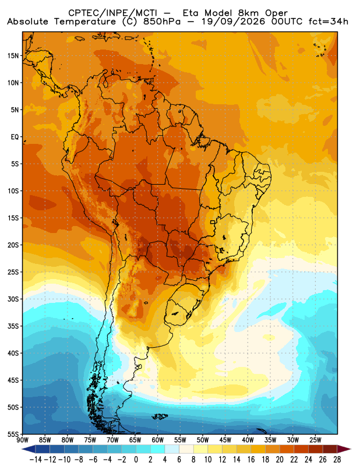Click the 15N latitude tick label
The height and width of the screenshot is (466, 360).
point(13,55)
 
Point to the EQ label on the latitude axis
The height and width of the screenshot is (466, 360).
point(15,137)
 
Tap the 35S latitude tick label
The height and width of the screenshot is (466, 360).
point(13,326)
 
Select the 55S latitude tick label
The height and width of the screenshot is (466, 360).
point(13,434)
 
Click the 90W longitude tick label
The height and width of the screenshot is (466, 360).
point(23,440)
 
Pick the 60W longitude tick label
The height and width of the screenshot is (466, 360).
point(157,440)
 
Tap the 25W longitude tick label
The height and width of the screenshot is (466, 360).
point(315,440)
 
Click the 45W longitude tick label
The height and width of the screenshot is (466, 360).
point(225,440)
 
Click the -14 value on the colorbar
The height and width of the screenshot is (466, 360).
point(36,460)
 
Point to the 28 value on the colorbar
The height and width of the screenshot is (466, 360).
point(337,460)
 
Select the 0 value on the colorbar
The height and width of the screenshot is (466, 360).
point(136,460)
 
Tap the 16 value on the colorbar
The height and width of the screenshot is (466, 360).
point(251,460)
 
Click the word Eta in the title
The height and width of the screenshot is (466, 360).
point(192,13)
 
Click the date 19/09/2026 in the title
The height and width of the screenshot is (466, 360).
point(233,22)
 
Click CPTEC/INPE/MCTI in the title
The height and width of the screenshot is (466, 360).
point(112,13)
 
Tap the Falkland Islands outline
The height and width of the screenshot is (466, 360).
point(160,416)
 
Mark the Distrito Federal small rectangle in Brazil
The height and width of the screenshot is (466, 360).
point(213,222)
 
